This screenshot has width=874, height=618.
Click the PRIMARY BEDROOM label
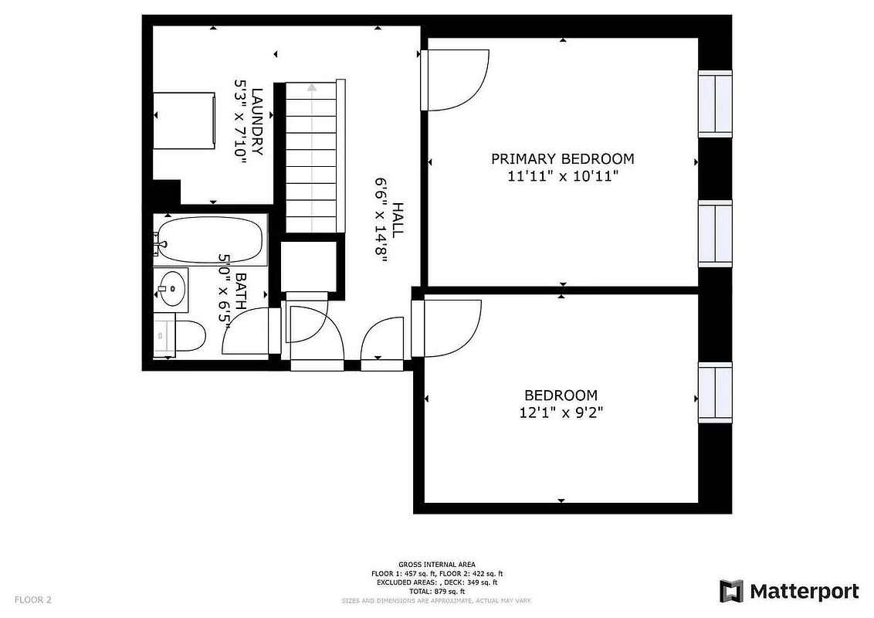(562, 159)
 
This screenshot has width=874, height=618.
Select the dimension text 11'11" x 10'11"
(562, 176)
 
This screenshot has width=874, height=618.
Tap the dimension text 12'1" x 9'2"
(561, 413)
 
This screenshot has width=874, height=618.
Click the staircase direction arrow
(311, 88)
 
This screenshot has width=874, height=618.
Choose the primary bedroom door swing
(457, 79)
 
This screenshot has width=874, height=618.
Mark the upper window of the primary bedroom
(715, 104)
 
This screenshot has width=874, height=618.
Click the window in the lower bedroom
(715, 392)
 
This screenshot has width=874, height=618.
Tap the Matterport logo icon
(731, 591)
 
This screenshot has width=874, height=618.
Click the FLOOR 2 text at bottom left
(33, 599)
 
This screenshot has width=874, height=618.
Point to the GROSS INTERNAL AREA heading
(437, 565)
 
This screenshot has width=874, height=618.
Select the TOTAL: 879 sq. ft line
(437, 590)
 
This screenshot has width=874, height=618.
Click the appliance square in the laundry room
(184, 121)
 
